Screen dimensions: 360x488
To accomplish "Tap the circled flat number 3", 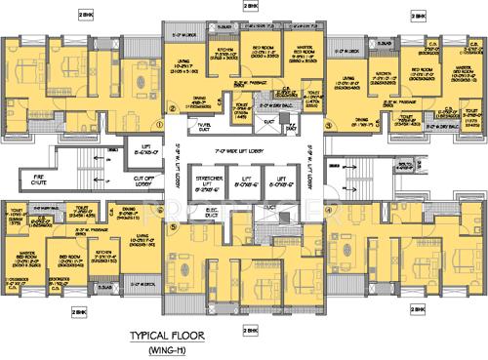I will [x=330, y=125].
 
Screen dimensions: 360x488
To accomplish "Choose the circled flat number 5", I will [x=172, y=227].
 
